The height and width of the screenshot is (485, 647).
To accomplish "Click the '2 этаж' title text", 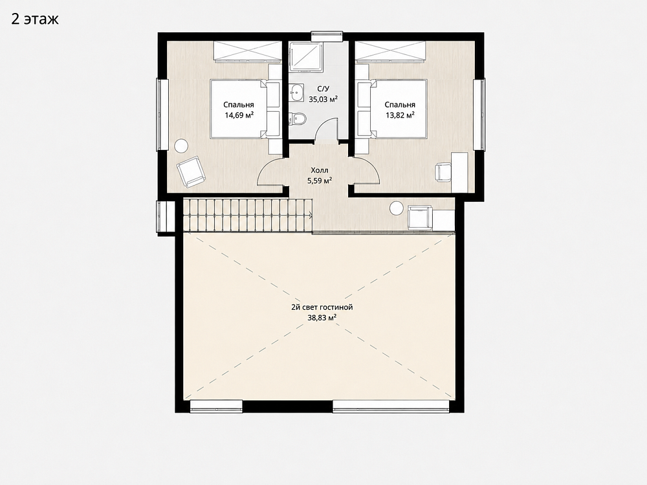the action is pos(35,19).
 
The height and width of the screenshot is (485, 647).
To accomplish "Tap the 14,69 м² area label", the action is pos(239,115).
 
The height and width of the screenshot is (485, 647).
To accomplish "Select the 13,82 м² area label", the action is pos(400,115).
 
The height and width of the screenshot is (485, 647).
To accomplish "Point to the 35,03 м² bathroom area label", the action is pos(323,99).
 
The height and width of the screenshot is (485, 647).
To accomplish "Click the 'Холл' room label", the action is pos(320,170).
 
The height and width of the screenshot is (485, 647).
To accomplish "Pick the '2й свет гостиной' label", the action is pos(322,307).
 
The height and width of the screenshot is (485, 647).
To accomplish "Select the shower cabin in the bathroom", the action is pos(306,56).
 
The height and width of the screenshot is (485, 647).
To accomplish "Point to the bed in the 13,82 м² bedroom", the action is pos(399,109).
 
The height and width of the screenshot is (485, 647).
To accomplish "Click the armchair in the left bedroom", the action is pos(191,171).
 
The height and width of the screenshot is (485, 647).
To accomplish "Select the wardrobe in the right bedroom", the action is pos(390,52).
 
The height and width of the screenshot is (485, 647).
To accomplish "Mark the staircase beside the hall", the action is pos(248,215).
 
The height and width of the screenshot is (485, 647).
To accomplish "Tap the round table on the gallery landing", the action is pos(397,208).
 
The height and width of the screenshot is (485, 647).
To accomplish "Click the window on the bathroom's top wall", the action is pos(327,36).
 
